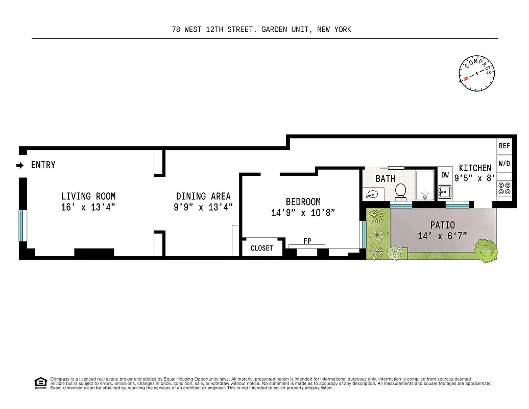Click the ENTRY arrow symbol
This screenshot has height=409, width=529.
point(20,165)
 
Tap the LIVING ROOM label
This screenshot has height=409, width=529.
point(88,196)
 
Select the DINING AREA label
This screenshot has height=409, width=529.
point(203,196)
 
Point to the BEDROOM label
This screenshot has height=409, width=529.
point(303,202)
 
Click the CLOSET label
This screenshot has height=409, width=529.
point(261,248)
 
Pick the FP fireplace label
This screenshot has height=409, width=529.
point(307,241)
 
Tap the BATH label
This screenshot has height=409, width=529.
point(386,179)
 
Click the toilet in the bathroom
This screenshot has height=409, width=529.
point(401,192)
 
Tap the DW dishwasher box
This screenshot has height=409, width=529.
point(445,175)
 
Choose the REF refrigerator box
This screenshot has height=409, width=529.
point(504,146)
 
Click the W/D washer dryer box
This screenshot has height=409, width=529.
point(504,164)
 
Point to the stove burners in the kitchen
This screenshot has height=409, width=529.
point(504,189)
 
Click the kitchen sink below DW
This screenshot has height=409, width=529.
point(445,192)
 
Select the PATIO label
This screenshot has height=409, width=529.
point(442,225)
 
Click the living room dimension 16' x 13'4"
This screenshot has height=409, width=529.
point(88,207)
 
